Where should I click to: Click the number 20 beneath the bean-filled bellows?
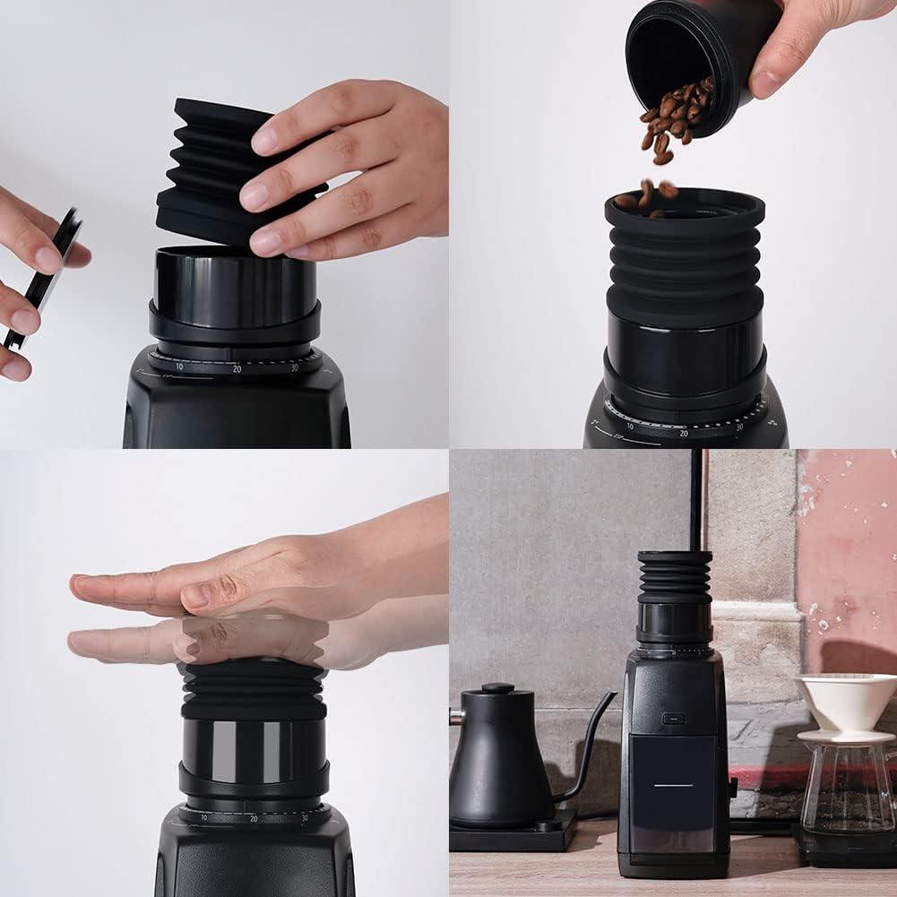point(683,433)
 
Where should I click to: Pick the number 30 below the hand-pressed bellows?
point(305,817)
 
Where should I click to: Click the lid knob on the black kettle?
point(497,688)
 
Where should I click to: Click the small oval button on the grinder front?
point(673,718)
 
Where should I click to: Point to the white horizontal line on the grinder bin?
point(673,784)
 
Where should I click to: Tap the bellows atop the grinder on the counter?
point(675,578)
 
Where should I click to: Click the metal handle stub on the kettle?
point(456,716)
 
